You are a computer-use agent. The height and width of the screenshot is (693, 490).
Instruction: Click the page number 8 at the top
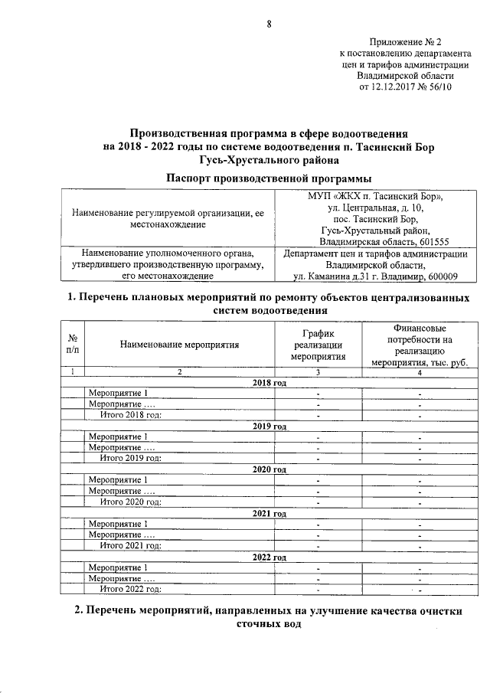click(x=269, y=23)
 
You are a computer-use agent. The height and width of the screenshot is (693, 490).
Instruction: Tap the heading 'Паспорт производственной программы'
click(x=264, y=178)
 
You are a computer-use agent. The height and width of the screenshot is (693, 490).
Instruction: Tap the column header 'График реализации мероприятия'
click(x=318, y=345)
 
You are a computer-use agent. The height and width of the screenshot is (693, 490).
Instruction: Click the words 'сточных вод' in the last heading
click(x=264, y=624)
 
